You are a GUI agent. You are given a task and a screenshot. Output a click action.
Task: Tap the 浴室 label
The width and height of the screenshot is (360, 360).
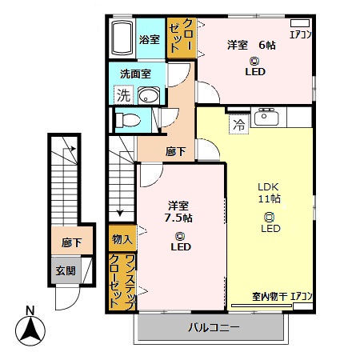click(x=150, y=38)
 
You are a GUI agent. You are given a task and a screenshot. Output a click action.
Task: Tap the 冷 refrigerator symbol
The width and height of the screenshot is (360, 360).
click(x=239, y=124)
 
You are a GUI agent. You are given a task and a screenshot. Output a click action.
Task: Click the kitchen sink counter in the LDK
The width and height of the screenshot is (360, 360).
click(x=266, y=119)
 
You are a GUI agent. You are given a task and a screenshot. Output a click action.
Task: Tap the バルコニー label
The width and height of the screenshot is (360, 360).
click(x=210, y=326)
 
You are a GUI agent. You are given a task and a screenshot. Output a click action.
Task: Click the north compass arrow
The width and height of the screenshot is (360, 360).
click(x=30, y=326)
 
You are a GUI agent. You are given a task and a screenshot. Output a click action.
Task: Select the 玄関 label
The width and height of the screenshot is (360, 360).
click(x=66, y=270)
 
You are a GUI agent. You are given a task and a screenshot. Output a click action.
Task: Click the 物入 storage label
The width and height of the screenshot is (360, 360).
click(x=122, y=239)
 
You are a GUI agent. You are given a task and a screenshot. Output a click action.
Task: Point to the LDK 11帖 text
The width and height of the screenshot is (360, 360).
click(x=269, y=192)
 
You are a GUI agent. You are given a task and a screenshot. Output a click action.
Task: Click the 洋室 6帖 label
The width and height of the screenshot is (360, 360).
click(x=248, y=45)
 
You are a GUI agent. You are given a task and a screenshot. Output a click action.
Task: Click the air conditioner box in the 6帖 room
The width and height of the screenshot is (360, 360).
click(x=299, y=23)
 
